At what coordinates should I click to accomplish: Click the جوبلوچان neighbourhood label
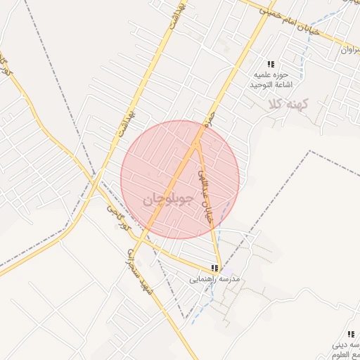click(x=167, y=199)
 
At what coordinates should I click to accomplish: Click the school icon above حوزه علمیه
click(x=271, y=64)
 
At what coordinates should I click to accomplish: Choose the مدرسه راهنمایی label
click(x=214, y=279)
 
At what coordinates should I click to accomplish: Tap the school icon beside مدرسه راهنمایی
click(x=214, y=268)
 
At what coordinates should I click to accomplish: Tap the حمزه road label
click(x=209, y=118)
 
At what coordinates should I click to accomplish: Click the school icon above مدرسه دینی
click(x=351, y=334)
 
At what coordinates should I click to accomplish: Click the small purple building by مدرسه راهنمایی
click(x=224, y=269)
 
